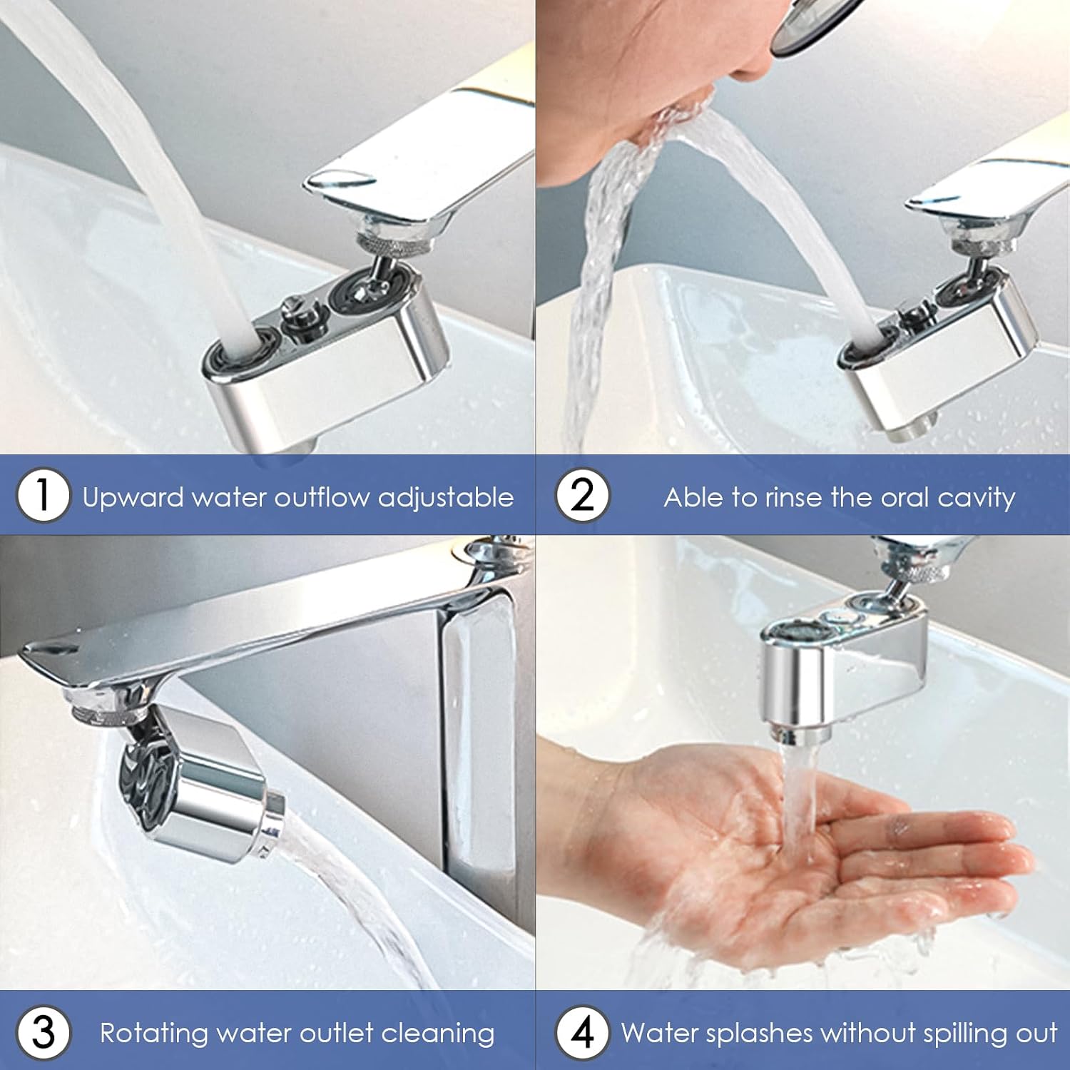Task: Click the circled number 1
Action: click(x=43, y=495)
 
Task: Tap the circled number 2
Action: click(x=583, y=495)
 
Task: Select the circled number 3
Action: click(x=43, y=1032)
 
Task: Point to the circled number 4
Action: click(x=583, y=1032)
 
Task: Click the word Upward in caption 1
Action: click(x=133, y=498)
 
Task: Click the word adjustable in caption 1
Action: click(x=446, y=497)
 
